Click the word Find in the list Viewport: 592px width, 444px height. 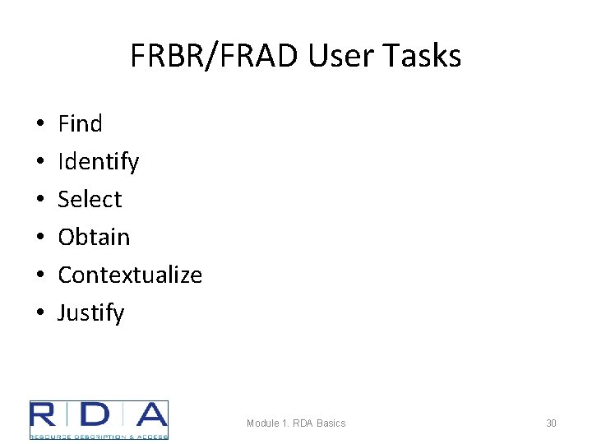pyautogui.click(x=80, y=124)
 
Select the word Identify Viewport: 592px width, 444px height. pyautogui.click(x=98, y=162)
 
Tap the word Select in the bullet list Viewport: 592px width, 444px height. pyautogui.click(x=90, y=200)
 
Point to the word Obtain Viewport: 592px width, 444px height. pyautogui.click(x=94, y=238)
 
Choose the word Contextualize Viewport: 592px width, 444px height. pyautogui.click(x=130, y=275)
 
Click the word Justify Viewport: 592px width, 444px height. pyautogui.click(x=91, y=313)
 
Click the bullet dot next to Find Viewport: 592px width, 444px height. pyautogui.click(x=40, y=125)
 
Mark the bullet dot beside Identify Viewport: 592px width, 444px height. pyautogui.click(x=40, y=163)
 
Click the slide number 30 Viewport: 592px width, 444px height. pyautogui.click(x=551, y=423)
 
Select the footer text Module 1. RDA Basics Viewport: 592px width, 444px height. pyautogui.click(x=296, y=423)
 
